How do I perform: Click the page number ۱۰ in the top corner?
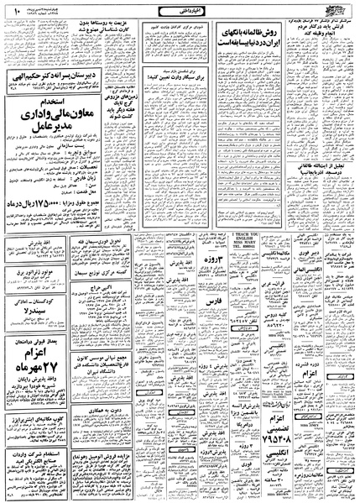(x=10, y=13)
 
